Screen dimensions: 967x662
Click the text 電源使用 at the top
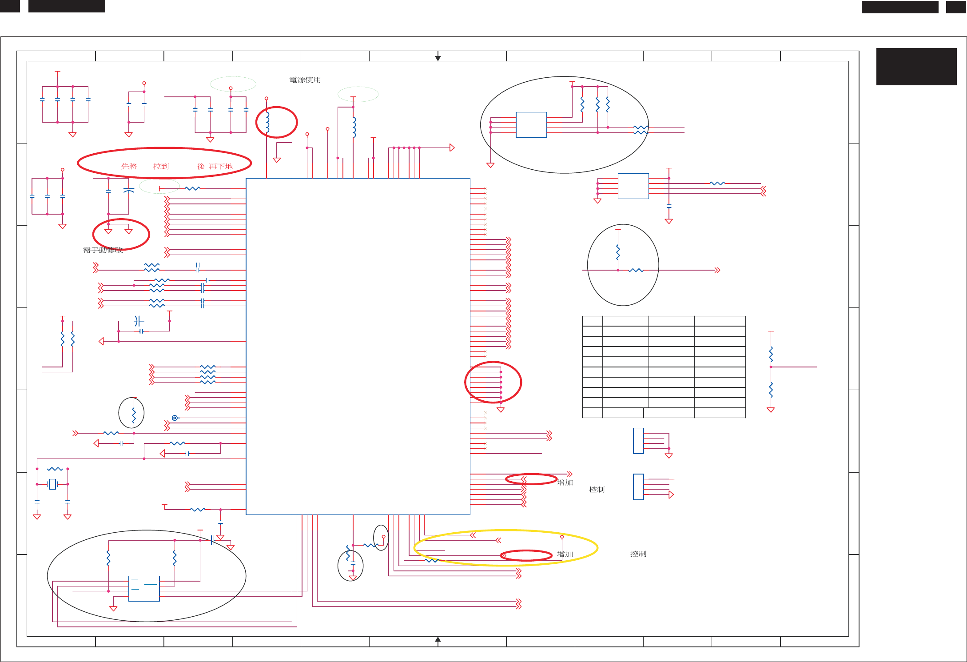coord(305,80)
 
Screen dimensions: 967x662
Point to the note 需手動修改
coord(103,250)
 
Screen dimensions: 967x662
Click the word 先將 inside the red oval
coord(129,166)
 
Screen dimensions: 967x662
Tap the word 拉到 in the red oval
coord(161,166)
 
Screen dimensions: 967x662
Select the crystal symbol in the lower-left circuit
coord(52,484)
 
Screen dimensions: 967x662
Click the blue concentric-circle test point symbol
coord(175,418)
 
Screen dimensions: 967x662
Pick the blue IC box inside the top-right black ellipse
coord(531,125)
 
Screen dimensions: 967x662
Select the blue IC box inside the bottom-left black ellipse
coord(144,589)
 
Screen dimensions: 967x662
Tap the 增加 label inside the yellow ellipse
coord(565,554)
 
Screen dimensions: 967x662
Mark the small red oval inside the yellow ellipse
coord(526,555)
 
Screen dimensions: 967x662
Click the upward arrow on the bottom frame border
coord(438,640)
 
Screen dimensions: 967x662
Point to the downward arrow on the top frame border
coord(438,58)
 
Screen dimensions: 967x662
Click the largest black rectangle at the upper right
coord(916,66)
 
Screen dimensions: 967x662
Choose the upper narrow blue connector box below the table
coord(638,441)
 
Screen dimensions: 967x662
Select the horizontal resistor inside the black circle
coord(636,270)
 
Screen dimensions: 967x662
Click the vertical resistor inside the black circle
coord(618,253)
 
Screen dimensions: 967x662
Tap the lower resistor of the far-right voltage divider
coord(771,390)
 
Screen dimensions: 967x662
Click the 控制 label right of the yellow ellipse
coord(638,554)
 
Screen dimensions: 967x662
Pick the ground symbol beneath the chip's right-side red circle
coord(501,410)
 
